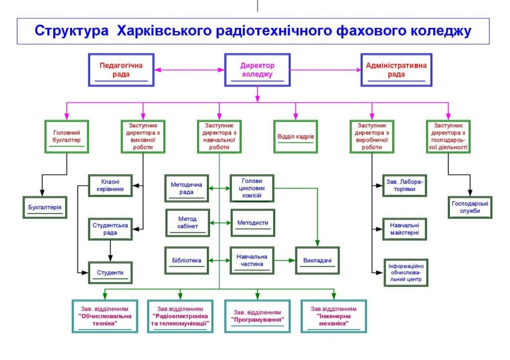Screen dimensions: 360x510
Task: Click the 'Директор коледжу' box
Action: (x=257, y=70)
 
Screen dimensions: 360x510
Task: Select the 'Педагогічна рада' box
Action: (x=121, y=70)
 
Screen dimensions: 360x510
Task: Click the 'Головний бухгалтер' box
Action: (x=67, y=137)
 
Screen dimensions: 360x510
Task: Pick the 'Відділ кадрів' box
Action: (x=295, y=137)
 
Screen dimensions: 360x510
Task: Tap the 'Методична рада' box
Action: (x=187, y=188)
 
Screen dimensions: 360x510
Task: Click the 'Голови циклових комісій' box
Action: (x=253, y=188)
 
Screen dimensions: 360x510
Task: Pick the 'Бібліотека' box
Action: (x=187, y=260)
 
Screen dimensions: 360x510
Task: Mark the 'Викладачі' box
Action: (x=317, y=260)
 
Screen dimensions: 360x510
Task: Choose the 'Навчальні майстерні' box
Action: (x=404, y=229)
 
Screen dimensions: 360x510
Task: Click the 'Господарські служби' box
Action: (x=470, y=207)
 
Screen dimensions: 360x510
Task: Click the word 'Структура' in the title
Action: (x=71, y=31)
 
